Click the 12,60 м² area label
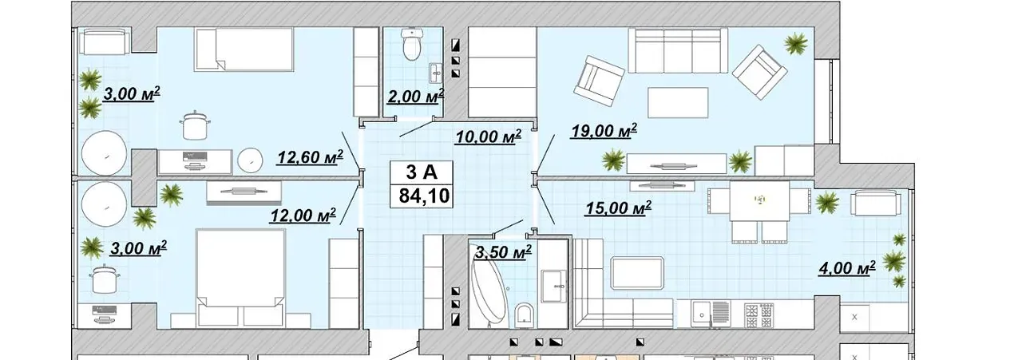[311, 157]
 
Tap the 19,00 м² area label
[604, 131]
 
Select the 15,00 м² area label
[618, 208]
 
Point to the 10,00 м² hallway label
[488, 136]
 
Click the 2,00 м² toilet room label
[415, 97]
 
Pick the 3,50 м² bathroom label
[503, 252]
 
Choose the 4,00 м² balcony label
[847, 268]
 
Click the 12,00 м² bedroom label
[303, 215]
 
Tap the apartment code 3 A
[422, 172]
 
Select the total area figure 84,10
[424, 196]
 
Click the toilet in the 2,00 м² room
[413, 44]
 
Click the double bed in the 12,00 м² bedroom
[240, 279]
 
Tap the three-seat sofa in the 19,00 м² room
[678, 50]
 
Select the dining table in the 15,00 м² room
[759, 201]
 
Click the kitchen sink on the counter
[700, 314]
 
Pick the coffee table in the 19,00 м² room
[678, 103]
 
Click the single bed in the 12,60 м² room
[244, 49]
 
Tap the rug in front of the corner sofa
[637, 273]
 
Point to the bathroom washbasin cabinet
[553, 285]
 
